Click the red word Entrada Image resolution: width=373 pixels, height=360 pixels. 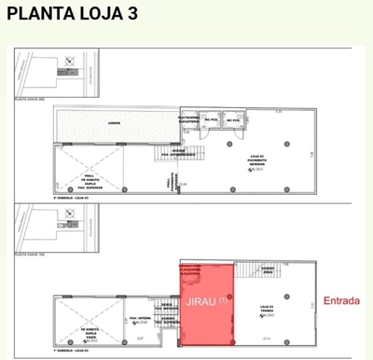tap(341, 300)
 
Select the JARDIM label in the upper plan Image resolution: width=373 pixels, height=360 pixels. tap(113, 122)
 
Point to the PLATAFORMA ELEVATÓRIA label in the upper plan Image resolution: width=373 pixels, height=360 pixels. tap(187, 119)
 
